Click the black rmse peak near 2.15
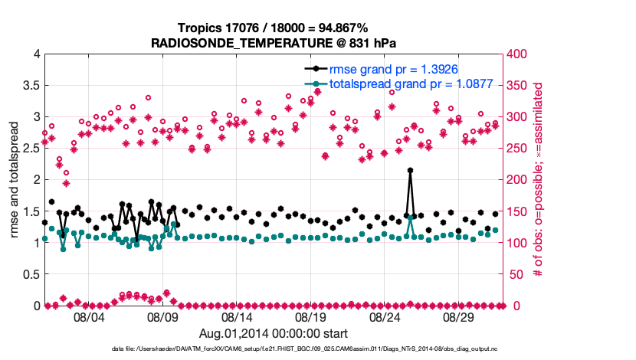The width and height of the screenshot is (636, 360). [410, 170]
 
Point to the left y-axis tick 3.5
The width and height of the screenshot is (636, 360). [30, 86]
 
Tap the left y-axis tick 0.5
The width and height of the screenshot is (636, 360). [30, 274]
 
